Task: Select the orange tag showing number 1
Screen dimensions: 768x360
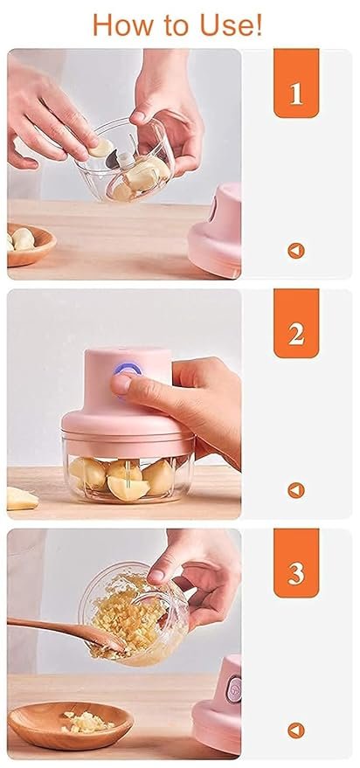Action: (x=295, y=92)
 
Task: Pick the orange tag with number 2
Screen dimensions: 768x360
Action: (x=295, y=333)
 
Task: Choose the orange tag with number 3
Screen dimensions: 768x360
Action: (x=295, y=574)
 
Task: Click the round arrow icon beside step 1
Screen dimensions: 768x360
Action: (x=295, y=251)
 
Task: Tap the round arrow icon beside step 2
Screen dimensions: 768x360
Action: (x=295, y=490)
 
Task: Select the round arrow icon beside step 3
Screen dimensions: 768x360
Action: (x=295, y=730)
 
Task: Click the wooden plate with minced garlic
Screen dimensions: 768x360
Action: (x=70, y=723)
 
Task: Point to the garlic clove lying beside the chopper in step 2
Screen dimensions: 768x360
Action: (x=22, y=498)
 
